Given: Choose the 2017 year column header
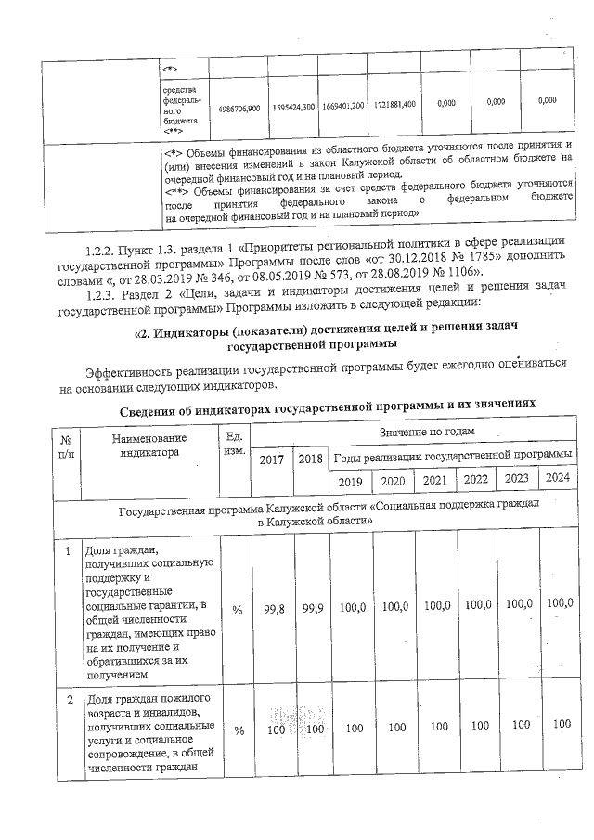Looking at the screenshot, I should tap(272, 459).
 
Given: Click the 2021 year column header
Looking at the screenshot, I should tap(434, 482).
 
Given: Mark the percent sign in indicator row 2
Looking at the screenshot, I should tap(238, 730).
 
